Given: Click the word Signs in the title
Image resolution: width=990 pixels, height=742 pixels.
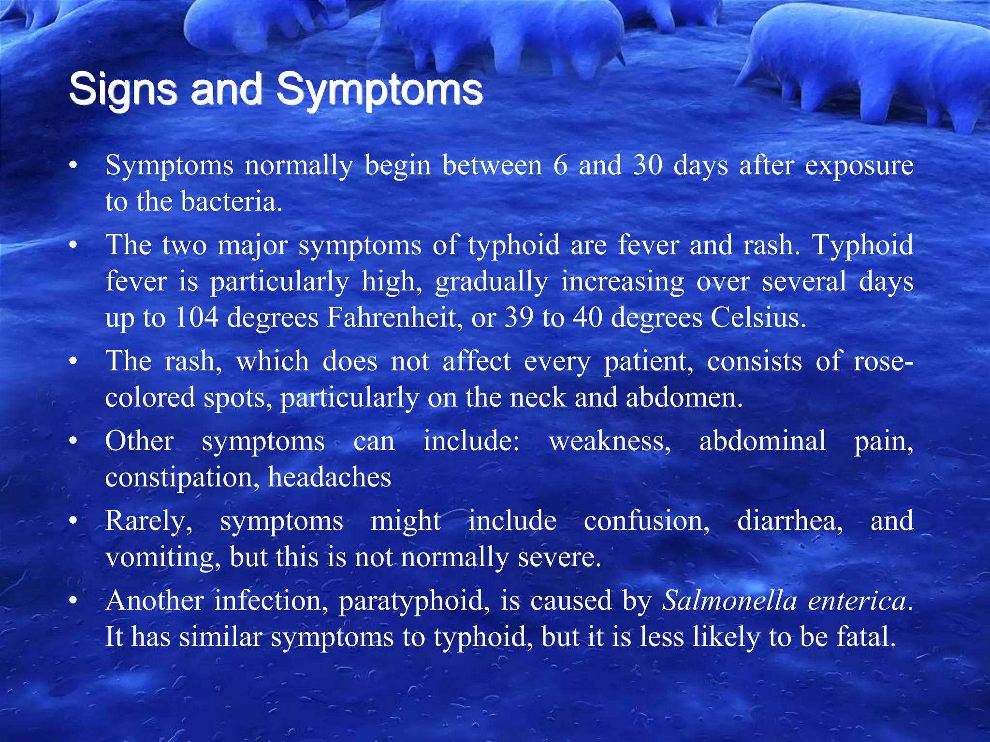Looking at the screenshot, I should [123, 89].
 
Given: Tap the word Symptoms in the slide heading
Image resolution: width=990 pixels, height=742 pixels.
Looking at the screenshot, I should [379, 89].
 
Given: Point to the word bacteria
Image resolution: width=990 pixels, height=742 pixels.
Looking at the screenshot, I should [231, 201].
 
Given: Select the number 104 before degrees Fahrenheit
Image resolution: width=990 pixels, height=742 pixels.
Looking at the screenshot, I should [196, 318].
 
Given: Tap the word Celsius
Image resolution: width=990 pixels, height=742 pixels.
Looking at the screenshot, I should [758, 318].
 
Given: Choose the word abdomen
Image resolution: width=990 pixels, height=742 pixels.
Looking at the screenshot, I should [684, 398].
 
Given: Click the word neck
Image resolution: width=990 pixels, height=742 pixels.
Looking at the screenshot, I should [538, 398].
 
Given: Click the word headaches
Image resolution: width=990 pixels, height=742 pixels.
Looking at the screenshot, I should [329, 477].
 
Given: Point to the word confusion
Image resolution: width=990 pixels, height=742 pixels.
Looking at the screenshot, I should [646, 521].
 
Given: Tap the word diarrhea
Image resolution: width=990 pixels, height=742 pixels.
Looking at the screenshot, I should [790, 521].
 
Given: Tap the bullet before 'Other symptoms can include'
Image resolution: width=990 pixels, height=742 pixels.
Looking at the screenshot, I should [73, 441].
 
